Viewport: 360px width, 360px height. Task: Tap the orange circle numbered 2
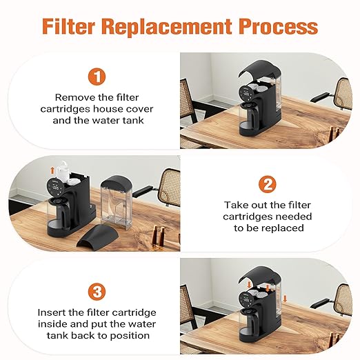point(266,184)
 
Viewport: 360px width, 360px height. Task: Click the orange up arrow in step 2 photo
point(51,168)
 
